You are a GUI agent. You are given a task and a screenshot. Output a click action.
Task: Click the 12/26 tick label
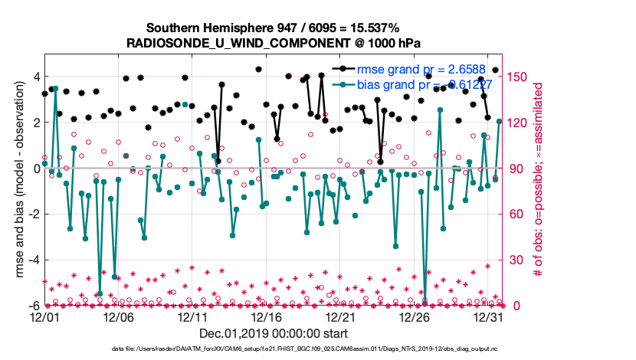[x=415, y=316]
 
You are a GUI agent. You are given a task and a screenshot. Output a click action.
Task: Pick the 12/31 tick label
[x=489, y=316]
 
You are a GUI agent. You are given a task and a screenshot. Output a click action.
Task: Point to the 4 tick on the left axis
[x=35, y=77]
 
